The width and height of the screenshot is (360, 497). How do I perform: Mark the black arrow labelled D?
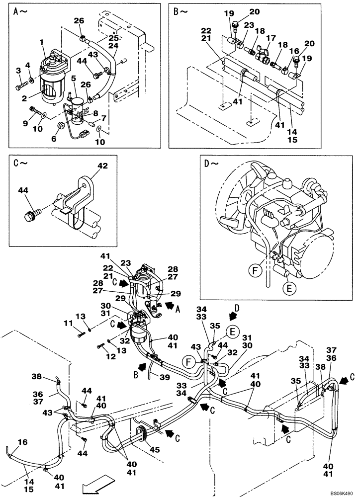[x=232, y=316]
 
